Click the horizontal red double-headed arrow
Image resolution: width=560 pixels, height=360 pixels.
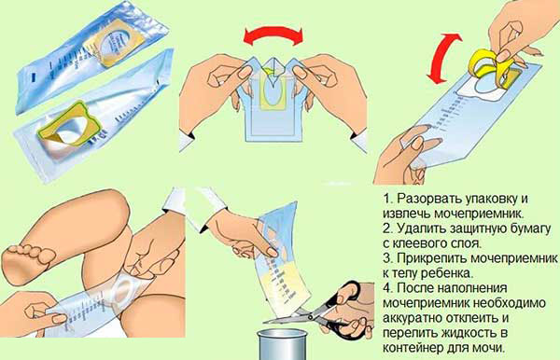click(x=273, y=33)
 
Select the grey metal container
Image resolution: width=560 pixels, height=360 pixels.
click(x=283, y=344)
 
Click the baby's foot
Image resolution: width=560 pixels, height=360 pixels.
click(x=27, y=262)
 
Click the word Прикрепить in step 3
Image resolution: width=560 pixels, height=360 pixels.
click(x=431, y=258)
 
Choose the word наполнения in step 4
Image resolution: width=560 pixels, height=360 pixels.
click(x=472, y=288)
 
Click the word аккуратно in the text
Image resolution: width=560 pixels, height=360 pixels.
click(x=412, y=317)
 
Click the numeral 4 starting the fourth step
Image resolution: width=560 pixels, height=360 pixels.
click(x=386, y=288)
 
